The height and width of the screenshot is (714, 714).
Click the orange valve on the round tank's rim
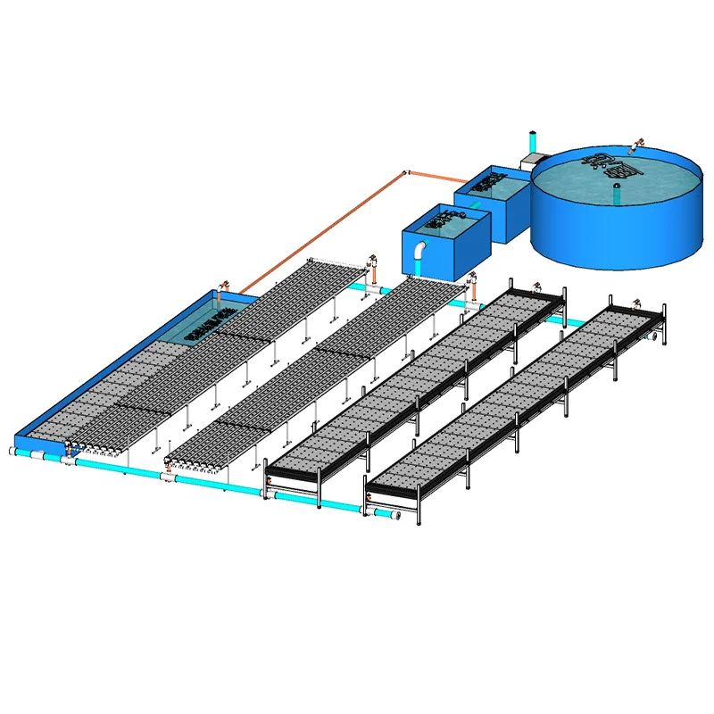click(x=638, y=143)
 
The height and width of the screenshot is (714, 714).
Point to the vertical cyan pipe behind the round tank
click(x=533, y=143)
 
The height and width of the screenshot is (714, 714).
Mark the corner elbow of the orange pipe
click(x=405, y=171)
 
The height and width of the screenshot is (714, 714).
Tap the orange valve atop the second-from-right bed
click(x=535, y=287)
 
